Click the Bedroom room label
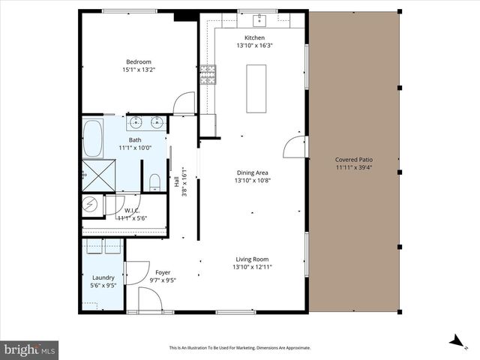[x=139, y=61]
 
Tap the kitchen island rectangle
[x=256, y=88]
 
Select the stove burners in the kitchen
[x=208, y=73]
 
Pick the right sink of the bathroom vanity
[x=157, y=123]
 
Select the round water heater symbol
[x=90, y=203]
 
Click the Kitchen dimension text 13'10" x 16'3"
[x=254, y=45]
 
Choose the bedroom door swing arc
[x=184, y=103]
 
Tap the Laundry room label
[x=103, y=277]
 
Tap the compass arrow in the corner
[x=454, y=341]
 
